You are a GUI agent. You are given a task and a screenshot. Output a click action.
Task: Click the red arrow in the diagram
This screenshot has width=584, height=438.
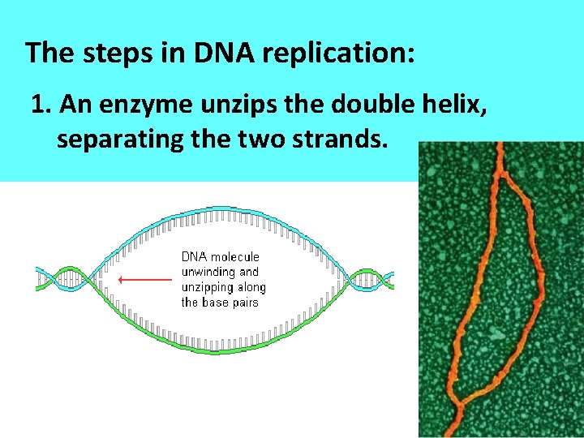click(146, 280)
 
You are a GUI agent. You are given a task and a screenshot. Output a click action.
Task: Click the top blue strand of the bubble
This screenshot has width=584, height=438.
click(219, 213)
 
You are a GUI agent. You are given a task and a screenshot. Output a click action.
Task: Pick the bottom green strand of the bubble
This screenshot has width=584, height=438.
click(219, 347)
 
